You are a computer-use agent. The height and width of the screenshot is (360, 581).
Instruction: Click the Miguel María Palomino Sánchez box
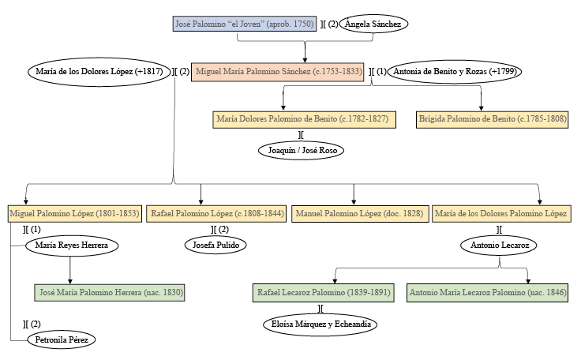(x=277, y=72)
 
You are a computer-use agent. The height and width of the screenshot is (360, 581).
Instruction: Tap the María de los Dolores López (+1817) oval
(x=99, y=72)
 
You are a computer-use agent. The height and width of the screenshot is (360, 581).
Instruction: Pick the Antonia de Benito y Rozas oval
(x=455, y=72)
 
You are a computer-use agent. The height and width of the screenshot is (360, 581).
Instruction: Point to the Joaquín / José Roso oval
(x=302, y=149)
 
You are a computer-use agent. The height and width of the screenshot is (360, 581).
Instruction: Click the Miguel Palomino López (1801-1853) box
(x=73, y=213)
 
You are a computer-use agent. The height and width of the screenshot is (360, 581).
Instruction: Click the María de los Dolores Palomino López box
(x=500, y=213)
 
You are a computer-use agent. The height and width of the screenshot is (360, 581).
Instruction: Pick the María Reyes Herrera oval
(x=72, y=246)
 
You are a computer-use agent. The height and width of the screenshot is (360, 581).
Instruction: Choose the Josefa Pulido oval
(x=216, y=246)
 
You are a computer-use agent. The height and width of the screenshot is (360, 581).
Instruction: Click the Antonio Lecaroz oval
(x=500, y=246)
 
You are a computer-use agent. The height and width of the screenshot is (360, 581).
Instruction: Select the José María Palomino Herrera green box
(x=110, y=293)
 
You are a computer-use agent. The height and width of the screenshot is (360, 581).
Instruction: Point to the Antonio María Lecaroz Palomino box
(x=487, y=293)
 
